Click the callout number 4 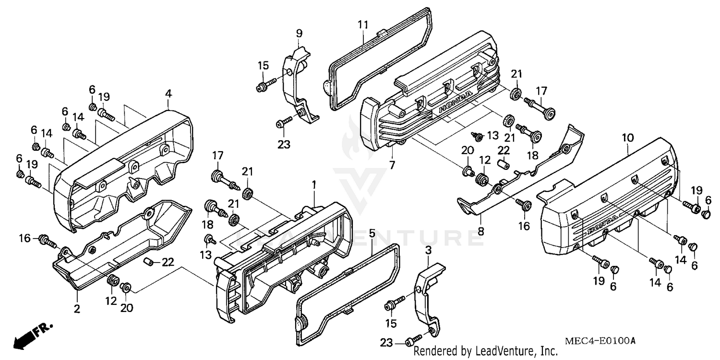168,94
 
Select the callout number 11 364,24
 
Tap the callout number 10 628,138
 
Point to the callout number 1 313,184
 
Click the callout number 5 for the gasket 372,234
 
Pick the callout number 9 299,33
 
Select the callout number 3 428,251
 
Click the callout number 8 480,231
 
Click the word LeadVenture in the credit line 504,351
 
